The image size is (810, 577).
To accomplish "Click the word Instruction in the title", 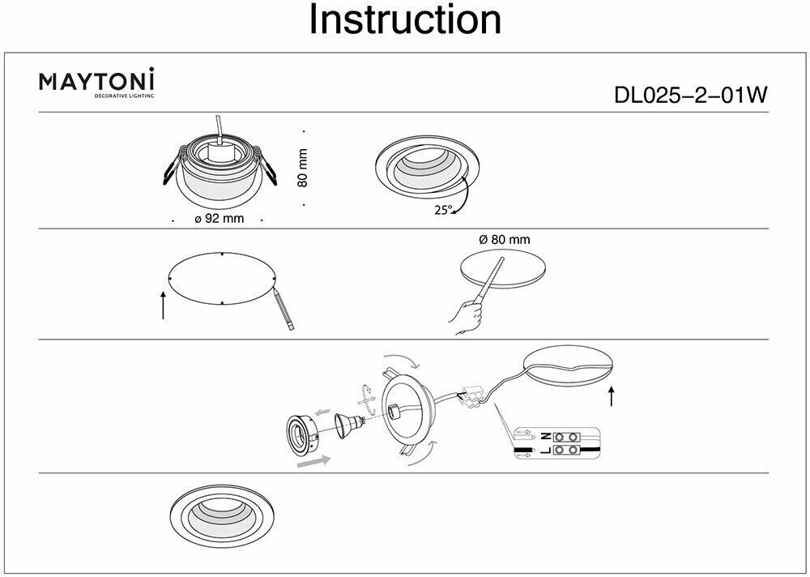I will point(405,20).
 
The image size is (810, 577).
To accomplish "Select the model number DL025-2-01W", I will point(691,95).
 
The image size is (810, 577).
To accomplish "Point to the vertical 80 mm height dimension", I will point(303,168).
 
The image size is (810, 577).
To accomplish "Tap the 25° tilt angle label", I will point(442,209).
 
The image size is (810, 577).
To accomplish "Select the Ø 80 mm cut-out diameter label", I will point(504,240).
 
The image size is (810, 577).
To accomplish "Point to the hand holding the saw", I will point(463,317).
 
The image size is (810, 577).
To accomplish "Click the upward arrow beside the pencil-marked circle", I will point(164,306).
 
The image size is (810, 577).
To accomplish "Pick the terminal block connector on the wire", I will point(474,395).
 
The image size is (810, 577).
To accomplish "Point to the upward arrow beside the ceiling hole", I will point(612,395).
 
